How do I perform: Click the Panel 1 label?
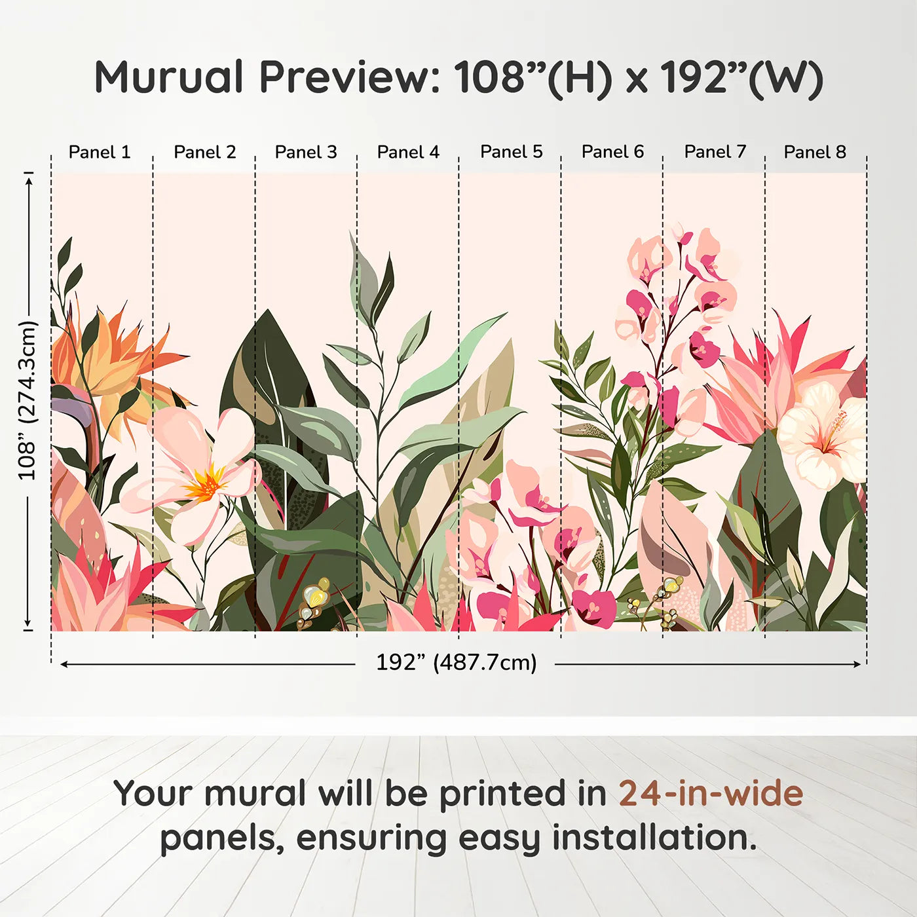click(x=100, y=152)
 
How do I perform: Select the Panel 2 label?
click(x=204, y=152)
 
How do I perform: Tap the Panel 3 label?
click(x=306, y=152)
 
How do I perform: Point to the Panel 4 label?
click(x=408, y=152)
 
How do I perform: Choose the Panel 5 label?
click(x=512, y=152)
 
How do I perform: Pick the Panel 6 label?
click(x=613, y=152)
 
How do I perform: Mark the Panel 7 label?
click(x=715, y=152)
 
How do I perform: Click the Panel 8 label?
click(x=815, y=152)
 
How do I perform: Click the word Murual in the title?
click(x=169, y=77)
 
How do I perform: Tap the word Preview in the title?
click(x=350, y=77)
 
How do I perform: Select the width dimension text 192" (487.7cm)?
click(x=456, y=662)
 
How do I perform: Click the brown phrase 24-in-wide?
click(x=711, y=794)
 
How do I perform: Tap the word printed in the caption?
click(x=504, y=794)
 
